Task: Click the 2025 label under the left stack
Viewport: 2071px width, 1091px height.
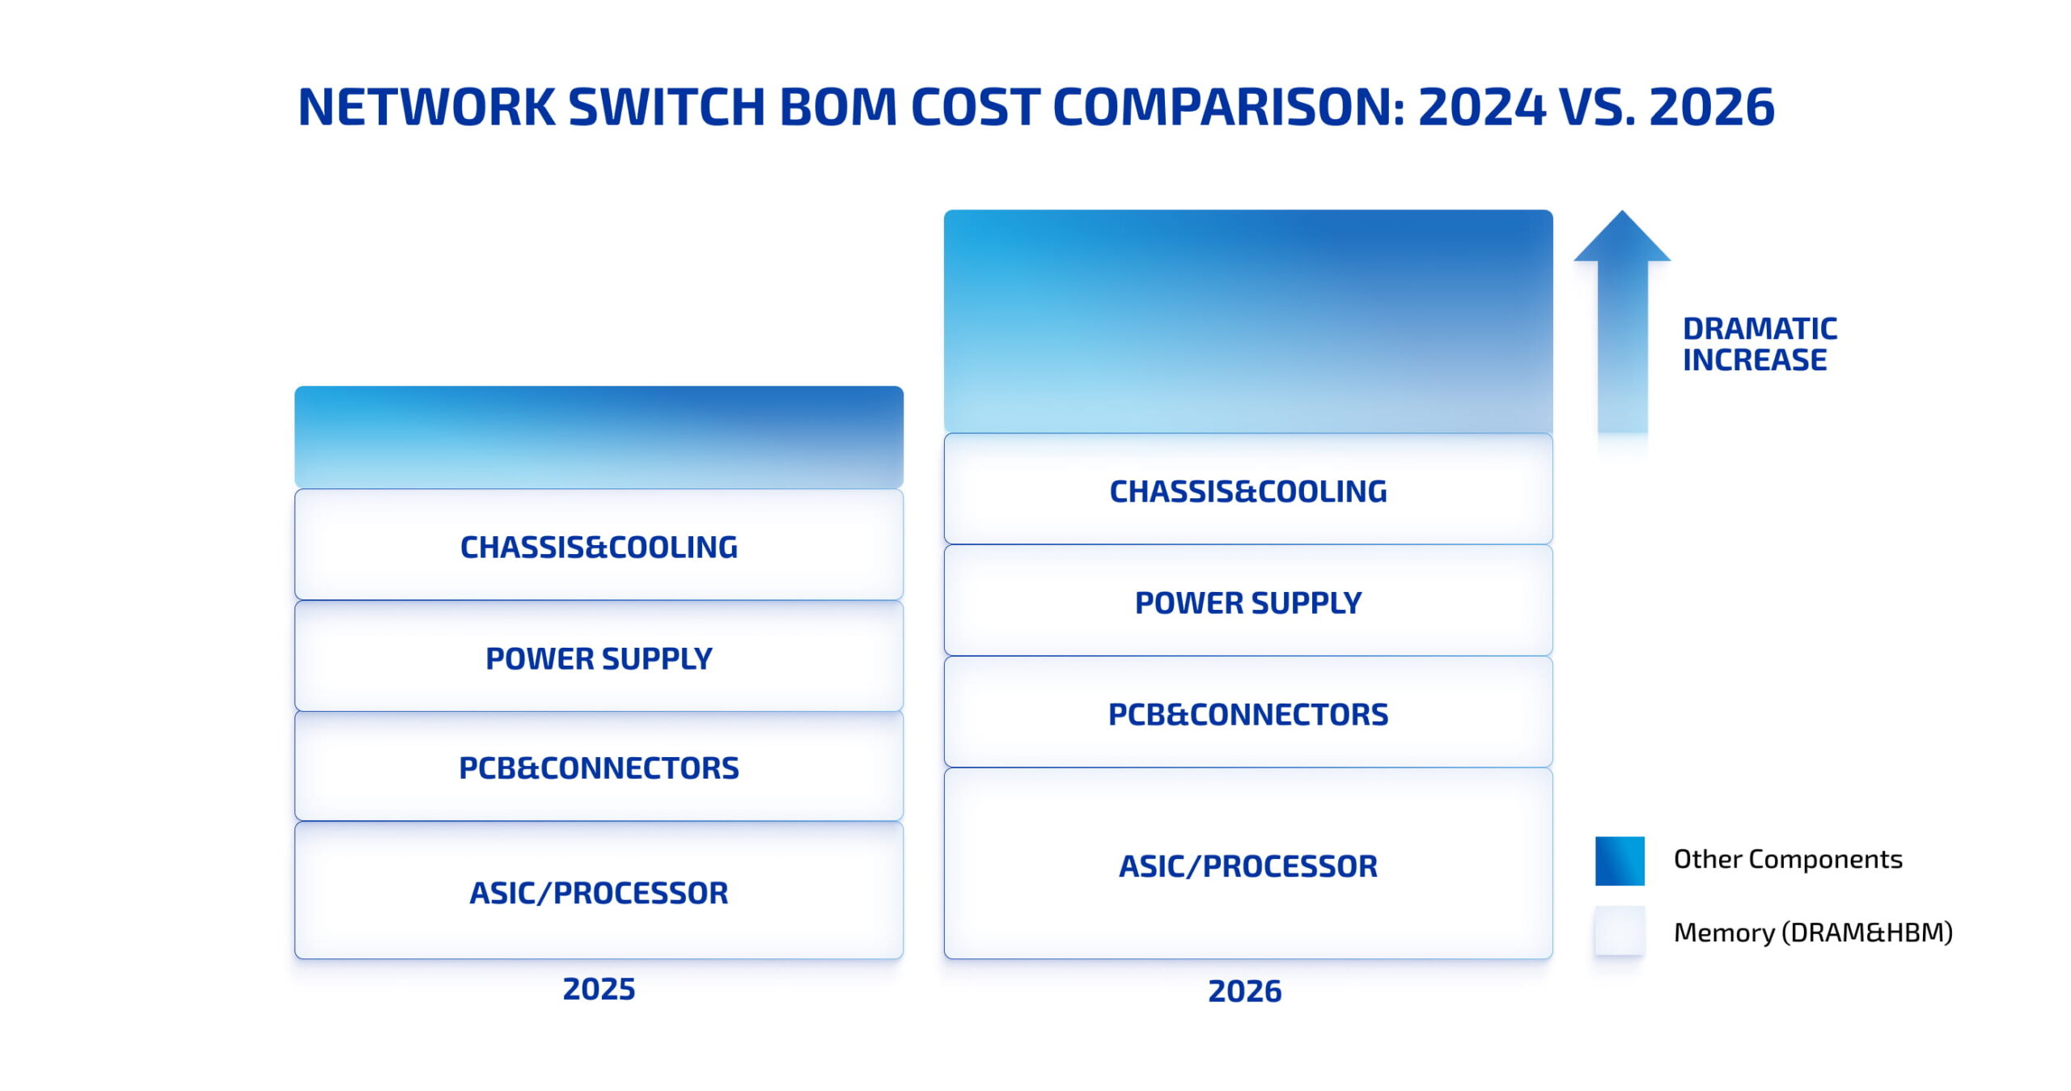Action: [x=599, y=988]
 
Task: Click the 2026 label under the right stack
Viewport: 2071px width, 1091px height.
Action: [x=1244, y=991]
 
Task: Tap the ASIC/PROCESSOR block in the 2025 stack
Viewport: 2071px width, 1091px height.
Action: [x=599, y=891]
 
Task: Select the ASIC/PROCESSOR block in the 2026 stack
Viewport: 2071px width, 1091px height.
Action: [x=1247, y=865]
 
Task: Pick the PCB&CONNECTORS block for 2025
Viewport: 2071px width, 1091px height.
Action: [x=599, y=767]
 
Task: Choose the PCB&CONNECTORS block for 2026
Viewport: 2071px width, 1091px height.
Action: [x=1247, y=713]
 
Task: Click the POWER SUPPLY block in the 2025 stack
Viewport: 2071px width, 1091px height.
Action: [x=599, y=658]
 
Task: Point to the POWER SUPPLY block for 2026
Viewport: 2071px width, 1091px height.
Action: [x=1247, y=602]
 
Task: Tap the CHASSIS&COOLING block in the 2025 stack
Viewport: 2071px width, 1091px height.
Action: [x=599, y=546]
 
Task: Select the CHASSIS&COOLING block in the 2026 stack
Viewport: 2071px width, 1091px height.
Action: [x=1247, y=490]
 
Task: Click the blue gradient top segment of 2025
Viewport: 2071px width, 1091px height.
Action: [x=599, y=437]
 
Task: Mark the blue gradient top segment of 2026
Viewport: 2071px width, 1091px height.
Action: [x=1247, y=321]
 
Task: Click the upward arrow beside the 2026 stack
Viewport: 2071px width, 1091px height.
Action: [x=1622, y=323]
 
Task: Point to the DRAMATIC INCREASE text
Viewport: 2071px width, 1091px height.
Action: [x=1760, y=344]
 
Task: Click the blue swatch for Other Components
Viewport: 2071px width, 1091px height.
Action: [x=1620, y=861]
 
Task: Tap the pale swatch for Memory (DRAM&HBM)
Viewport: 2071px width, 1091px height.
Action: [x=1620, y=931]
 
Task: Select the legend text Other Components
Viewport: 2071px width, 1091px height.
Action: [x=1788, y=859]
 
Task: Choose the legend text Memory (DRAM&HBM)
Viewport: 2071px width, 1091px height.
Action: [x=1813, y=932]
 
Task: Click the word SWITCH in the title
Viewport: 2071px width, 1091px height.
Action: [x=667, y=107]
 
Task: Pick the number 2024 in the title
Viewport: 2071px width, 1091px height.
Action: [x=1482, y=107]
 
